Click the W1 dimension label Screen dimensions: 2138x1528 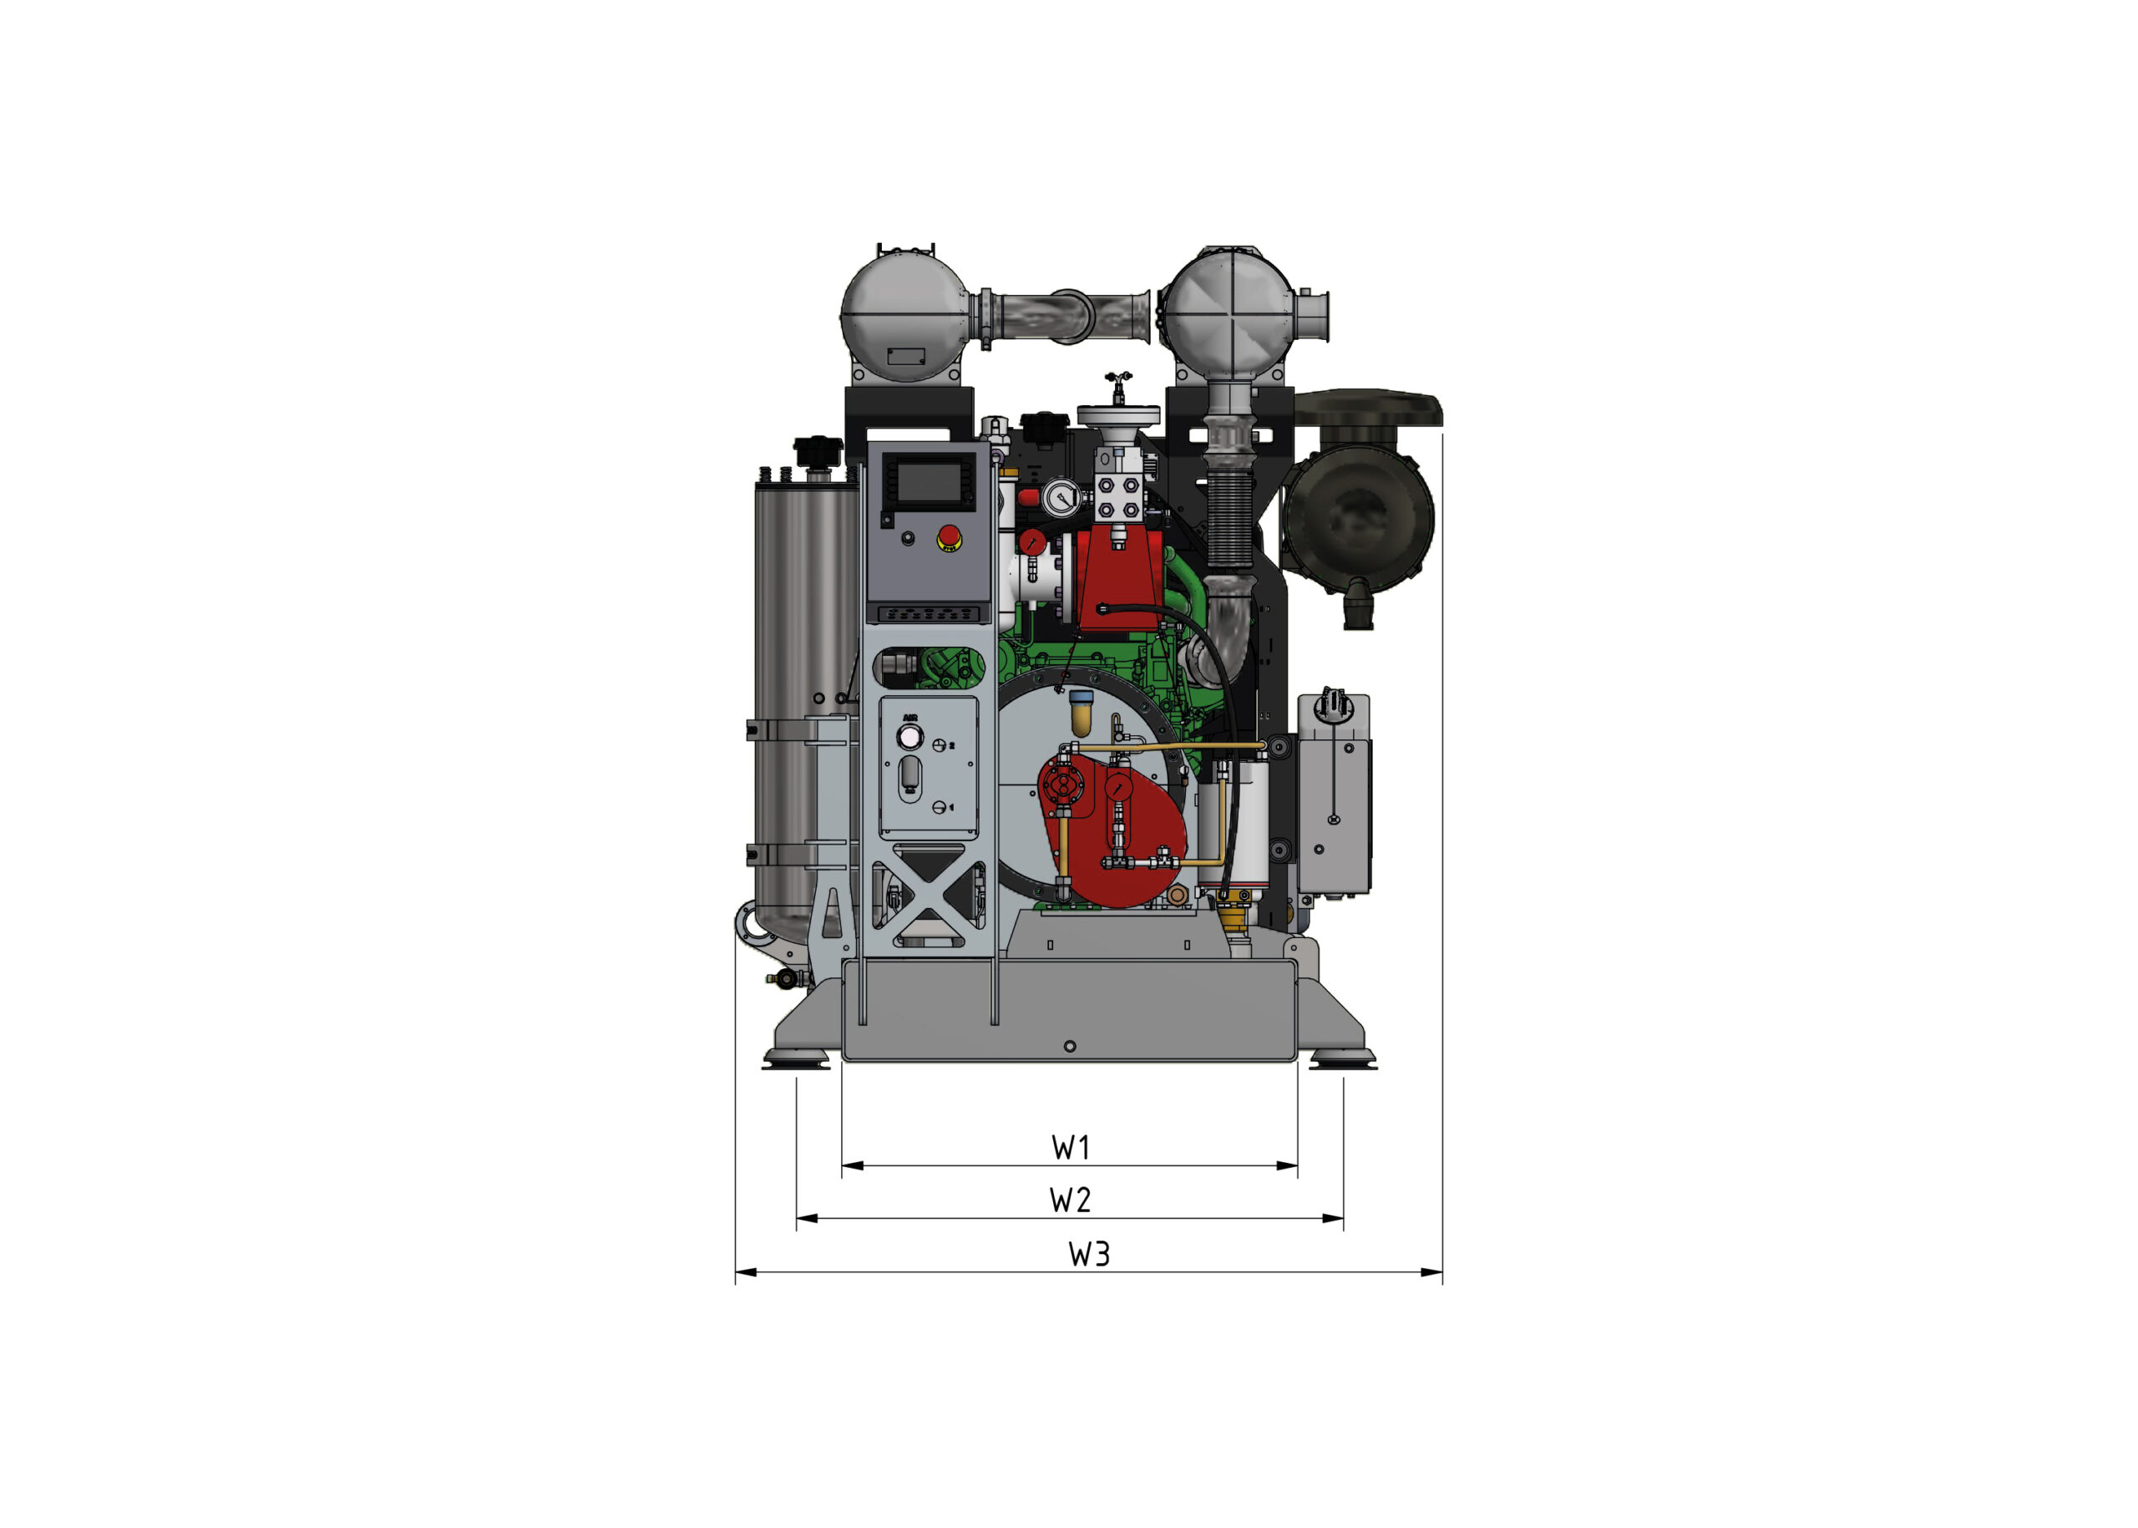point(1071,1147)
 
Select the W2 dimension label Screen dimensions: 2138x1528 point(1071,1200)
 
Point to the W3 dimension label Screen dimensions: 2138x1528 point(1089,1254)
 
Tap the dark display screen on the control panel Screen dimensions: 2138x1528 point(929,483)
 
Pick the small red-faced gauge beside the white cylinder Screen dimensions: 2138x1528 point(1032,542)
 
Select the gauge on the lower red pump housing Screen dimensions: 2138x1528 point(1118,787)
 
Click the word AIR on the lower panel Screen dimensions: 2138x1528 point(909,718)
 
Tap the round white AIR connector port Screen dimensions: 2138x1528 point(909,739)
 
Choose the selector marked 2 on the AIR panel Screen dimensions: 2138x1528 point(939,745)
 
